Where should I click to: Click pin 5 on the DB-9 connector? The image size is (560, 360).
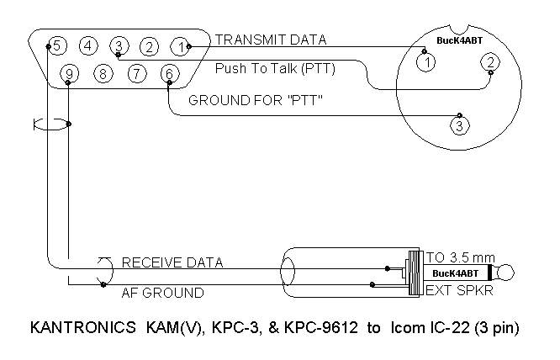coord(57,45)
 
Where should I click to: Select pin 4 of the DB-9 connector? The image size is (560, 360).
coord(88,45)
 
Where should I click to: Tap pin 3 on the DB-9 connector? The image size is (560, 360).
coord(119,45)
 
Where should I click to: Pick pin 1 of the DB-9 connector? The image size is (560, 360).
coord(180,45)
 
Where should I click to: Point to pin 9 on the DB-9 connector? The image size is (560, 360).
coord(70,74)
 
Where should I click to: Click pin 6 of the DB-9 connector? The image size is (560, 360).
coord(169,74)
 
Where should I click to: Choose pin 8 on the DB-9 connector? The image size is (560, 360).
coord(103,74)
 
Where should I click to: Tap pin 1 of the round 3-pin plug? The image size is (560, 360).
coord(428,61)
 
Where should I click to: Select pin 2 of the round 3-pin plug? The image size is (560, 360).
coord(488,61)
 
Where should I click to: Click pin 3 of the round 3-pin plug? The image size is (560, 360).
coord(457,126)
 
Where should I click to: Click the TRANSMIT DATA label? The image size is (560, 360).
coord(271,40)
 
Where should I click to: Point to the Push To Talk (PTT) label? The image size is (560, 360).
coord(275,67)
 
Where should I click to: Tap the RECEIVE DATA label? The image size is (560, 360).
coord(172,262)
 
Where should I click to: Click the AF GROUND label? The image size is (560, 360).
coord(163,293)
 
